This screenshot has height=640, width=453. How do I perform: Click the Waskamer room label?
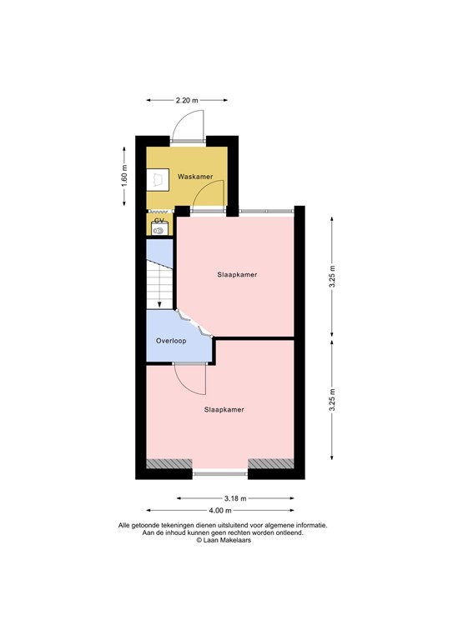point(194,177)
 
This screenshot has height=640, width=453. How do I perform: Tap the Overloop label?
point(171,341)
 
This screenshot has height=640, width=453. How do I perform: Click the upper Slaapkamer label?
point(236,274)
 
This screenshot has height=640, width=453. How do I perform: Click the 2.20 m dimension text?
point(187,100)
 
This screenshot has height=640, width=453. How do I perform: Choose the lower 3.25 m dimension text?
point(332,401)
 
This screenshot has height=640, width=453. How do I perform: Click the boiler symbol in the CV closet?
point(158,230)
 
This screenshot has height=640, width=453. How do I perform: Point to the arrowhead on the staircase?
point(159,303)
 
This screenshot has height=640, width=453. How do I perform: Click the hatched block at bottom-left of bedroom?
point(169,463)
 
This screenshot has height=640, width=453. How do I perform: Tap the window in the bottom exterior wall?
point(220,474)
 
